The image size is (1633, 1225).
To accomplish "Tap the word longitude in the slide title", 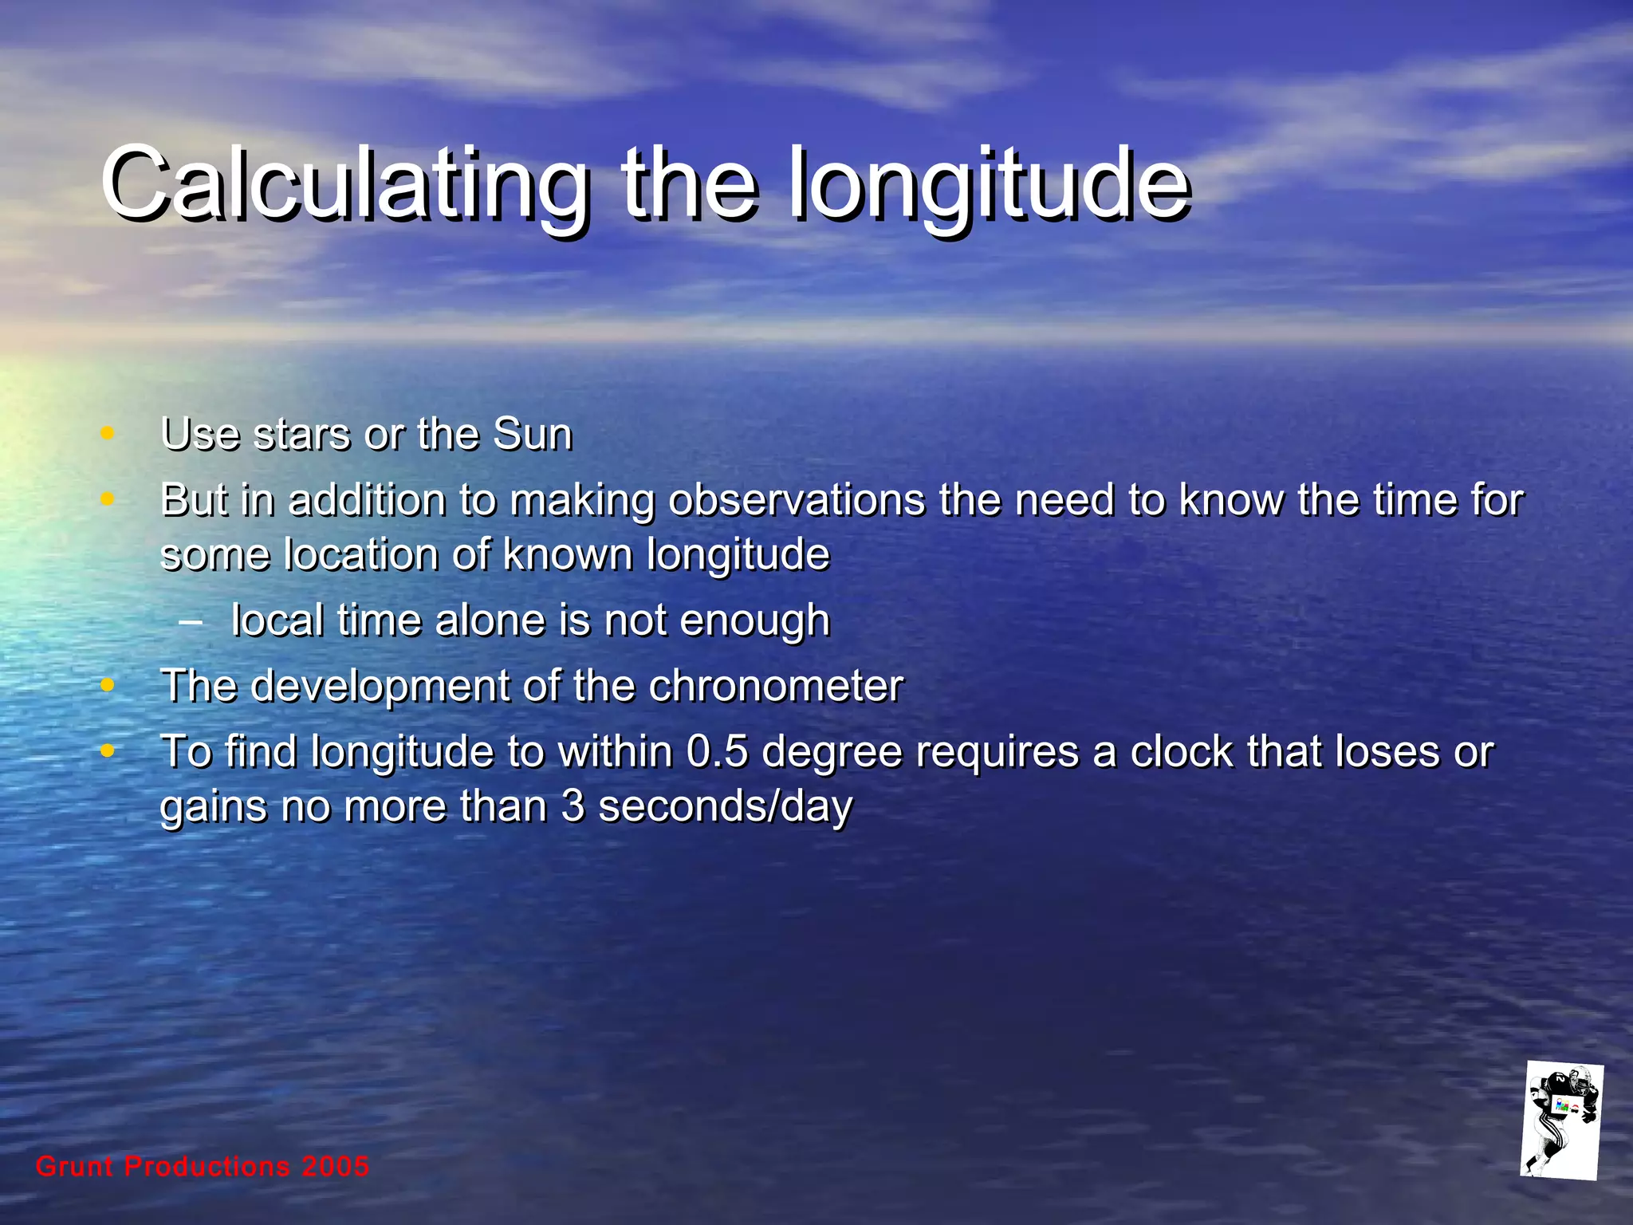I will click(x=989, y=185).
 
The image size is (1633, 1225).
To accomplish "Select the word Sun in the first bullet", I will click(x=533, y=435).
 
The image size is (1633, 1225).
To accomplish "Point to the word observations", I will click(x=797, y=501).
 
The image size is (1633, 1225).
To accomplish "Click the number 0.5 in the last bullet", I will click(x=717, y=752).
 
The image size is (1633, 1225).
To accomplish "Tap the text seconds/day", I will click(x=725, y=806).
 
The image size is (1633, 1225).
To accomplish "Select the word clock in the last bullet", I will click(x=1182, y=752).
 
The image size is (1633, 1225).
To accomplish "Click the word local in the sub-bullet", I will click(x=277, y=620).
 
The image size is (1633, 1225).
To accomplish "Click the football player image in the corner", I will click(x=1560, y=1121).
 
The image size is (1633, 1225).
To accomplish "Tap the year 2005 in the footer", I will click(x=336, y=1167).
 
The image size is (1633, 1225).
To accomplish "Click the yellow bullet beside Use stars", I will click(x=108, y=434).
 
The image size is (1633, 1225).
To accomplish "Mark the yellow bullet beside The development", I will click(x=108, y=685).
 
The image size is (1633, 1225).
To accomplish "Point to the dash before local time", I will click(x=191, y=621).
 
